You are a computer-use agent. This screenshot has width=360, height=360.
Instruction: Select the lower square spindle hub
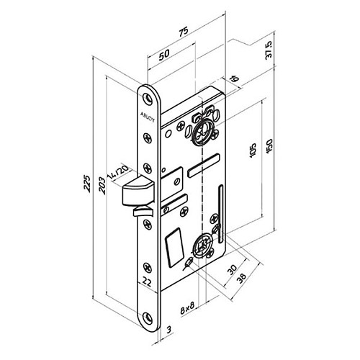[202, 245]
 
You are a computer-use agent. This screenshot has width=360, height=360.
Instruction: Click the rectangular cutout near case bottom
[173, 246]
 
